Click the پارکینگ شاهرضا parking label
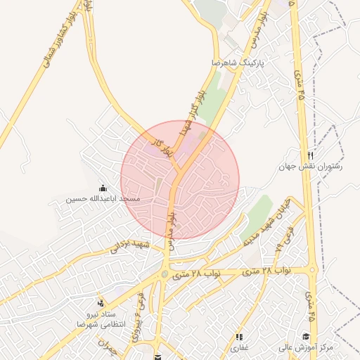(241, 63)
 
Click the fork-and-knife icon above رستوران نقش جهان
(310, 155)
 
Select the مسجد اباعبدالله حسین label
(103, 199)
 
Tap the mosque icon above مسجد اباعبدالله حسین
(103, 188)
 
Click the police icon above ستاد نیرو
(100, 302)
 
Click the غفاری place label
(240, 347)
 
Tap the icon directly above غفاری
(239, 336)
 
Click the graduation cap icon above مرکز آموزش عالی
(306, 336)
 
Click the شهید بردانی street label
(129, 246)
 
